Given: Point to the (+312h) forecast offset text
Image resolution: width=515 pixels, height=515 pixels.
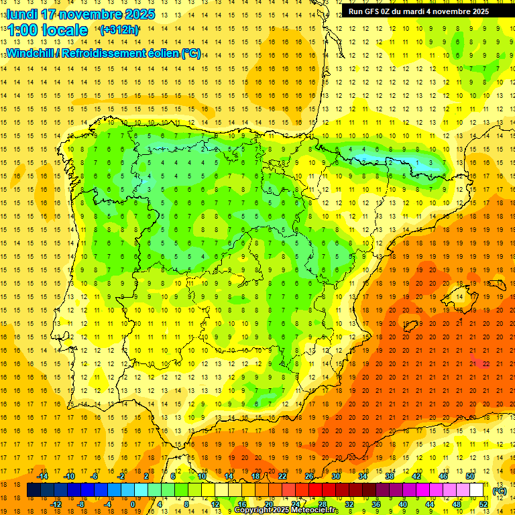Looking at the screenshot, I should point(119,30).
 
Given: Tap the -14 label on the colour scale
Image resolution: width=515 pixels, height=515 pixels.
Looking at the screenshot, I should point(43,476).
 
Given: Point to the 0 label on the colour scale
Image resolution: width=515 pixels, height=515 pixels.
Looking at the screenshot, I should point(132,504).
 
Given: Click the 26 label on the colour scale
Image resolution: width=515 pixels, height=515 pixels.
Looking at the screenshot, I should point(309,476).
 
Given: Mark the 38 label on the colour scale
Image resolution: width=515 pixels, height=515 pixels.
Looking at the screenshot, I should point(390,476).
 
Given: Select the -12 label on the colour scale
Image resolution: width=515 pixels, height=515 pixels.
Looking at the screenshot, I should point(56,504).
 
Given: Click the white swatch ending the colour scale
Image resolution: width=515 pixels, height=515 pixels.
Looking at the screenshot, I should point(477,490).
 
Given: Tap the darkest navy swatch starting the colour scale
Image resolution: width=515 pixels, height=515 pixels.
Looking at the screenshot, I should point(34,490).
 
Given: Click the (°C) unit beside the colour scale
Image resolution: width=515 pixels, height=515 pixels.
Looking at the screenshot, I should point(500,491).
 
